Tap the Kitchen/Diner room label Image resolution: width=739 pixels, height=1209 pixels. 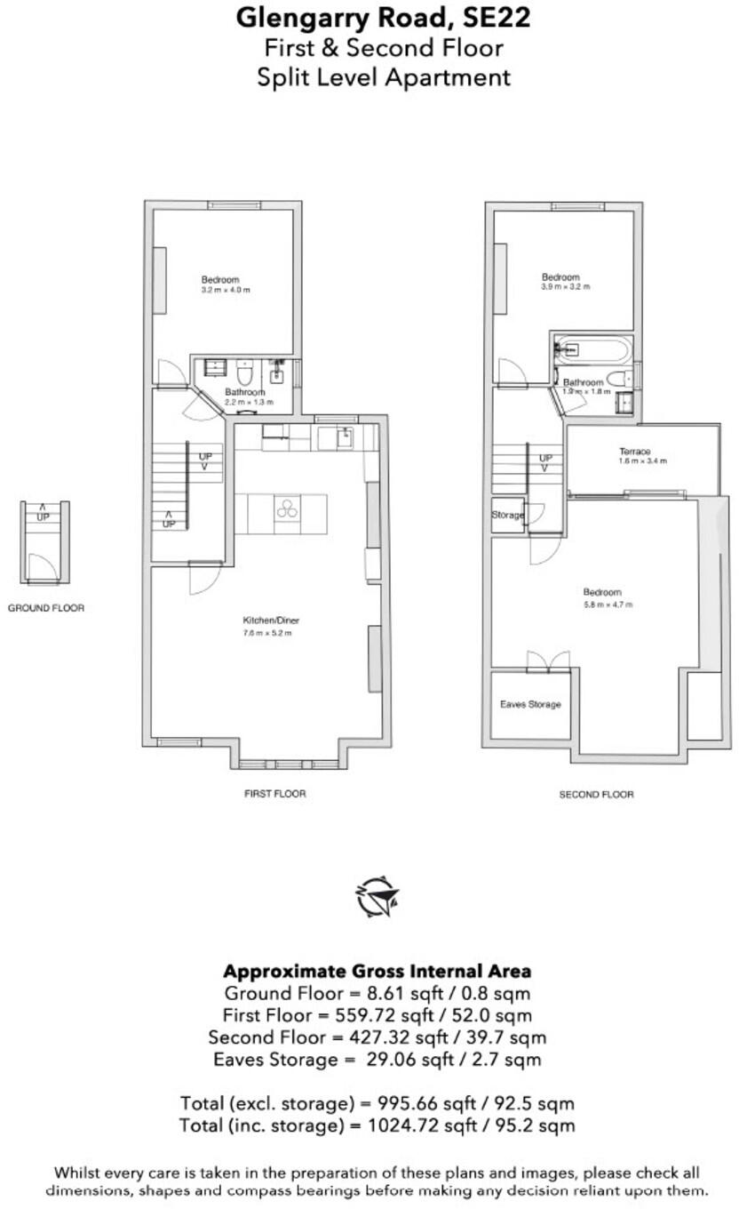tap(268, 621)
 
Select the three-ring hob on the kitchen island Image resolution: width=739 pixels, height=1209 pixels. tap(286, 508)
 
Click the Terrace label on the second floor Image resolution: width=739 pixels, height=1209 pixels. tap(634, 452)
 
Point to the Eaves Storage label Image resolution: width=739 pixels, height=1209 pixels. tap(530, 704)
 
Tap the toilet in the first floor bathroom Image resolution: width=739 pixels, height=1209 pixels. tap(245, 368)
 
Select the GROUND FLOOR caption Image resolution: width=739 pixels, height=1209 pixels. tap(46, 609)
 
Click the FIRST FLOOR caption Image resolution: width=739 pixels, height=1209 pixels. tap(274, 793)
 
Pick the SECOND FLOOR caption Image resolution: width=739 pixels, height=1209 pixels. tap(596, 794)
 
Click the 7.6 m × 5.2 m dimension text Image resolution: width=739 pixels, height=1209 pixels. tap(267, 633)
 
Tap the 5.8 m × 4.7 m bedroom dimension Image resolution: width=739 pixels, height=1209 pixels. tap(602, 604)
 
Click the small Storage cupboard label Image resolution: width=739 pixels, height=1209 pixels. tap(506, 515)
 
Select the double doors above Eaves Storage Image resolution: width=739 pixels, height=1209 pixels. tap(547, 661)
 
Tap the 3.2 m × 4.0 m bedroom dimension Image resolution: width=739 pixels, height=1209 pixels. tap(226, 290)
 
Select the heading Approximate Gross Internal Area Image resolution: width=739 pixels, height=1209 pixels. tap(377, 970)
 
